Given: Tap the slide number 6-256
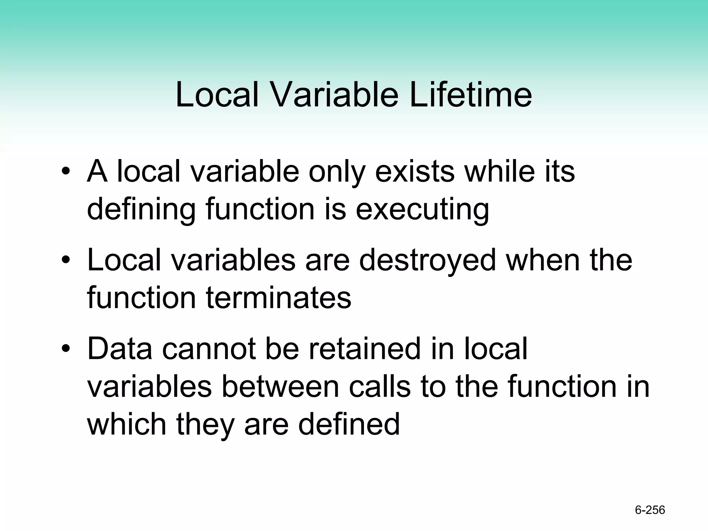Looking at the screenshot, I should pos(650,510).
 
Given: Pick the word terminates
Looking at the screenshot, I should pos(279,298).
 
